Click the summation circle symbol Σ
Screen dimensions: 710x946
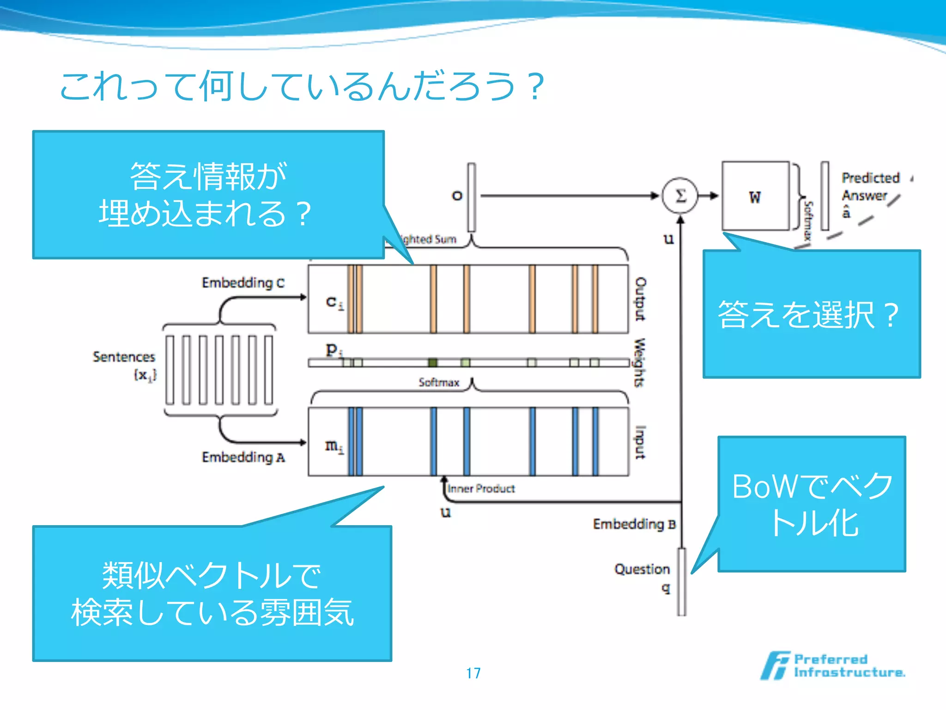(x=680, y=196)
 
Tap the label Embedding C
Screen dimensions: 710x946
(x=243, y=282)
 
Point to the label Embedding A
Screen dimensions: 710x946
(x=243, y=457)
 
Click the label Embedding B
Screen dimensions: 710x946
(x=634, y=524)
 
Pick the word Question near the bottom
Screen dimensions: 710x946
(x=642, y=569)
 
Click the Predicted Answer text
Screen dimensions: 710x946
(x=870, y=187)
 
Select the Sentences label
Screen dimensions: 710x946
(x=124, y=357)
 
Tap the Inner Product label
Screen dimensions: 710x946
(x=481, y=489)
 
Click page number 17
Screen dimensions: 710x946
(x=473, y=673)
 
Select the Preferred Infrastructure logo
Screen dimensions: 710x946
(x=833, y=666)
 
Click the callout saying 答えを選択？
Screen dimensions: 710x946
(x=811, y=314)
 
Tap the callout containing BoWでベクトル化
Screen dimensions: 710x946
(x=812, y=504)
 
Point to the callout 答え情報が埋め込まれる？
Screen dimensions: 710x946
(x=208, y=195)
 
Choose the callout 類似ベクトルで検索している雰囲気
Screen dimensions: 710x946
(x=212, y=594)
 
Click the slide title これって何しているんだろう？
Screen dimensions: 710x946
(x=303, y=86)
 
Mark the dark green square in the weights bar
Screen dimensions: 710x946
(x=432, y=362)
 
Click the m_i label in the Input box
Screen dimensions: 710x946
(x=334, y=447)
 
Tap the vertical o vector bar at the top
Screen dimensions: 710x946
(x=471, y=197)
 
